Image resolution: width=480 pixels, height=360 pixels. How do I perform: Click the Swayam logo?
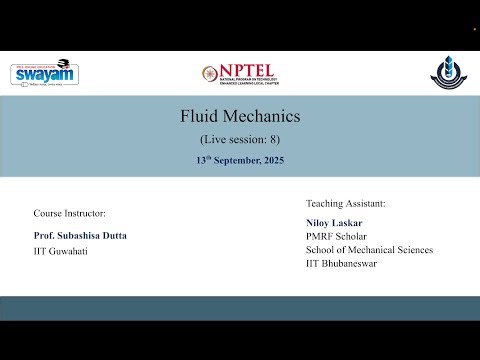[44, 73]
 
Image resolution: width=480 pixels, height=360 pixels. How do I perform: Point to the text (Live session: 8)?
[240, 139]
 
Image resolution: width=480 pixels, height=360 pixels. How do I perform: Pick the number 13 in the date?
[202, 160]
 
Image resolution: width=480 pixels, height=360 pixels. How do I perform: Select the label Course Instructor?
[69, 213]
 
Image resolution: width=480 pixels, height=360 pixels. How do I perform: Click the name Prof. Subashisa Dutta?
[80, 235]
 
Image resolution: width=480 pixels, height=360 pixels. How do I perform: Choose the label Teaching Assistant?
[345, 203]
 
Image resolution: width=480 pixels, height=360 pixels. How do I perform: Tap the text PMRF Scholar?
[336, 236]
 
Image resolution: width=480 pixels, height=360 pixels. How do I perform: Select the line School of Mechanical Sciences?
[369, 250]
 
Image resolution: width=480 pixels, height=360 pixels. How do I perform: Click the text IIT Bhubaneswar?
[343, 264]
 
